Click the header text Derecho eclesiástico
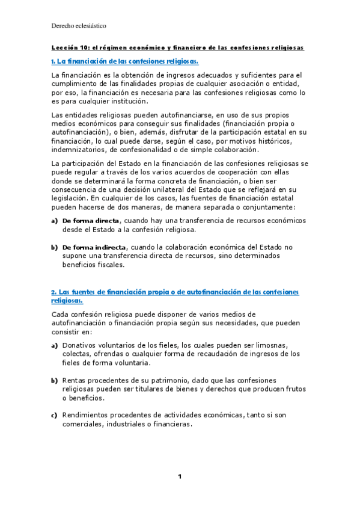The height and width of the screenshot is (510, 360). (79, 26)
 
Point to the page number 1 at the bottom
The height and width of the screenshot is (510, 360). (180, 477)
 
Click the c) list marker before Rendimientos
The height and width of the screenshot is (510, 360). (54, 415)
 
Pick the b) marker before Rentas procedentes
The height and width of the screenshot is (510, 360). (54, 380)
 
